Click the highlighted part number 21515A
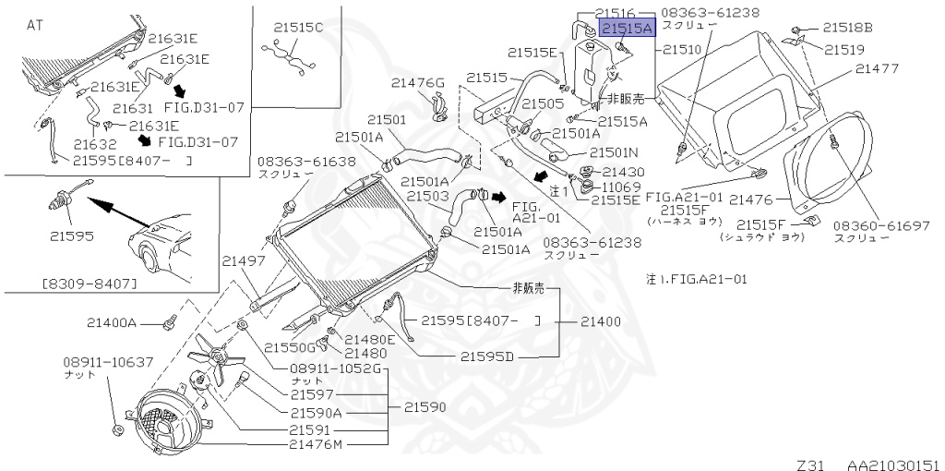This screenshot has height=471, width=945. (628, 29)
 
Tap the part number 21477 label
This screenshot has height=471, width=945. (876, 68)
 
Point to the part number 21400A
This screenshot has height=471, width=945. (112, 323)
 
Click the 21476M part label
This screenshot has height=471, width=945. (316, 445)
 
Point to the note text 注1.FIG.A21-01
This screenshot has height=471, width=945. (697, 277)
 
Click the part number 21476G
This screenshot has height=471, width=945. (417, 83)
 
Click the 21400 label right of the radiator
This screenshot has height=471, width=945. (601, 321)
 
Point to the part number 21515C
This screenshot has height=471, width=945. (298, 28)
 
